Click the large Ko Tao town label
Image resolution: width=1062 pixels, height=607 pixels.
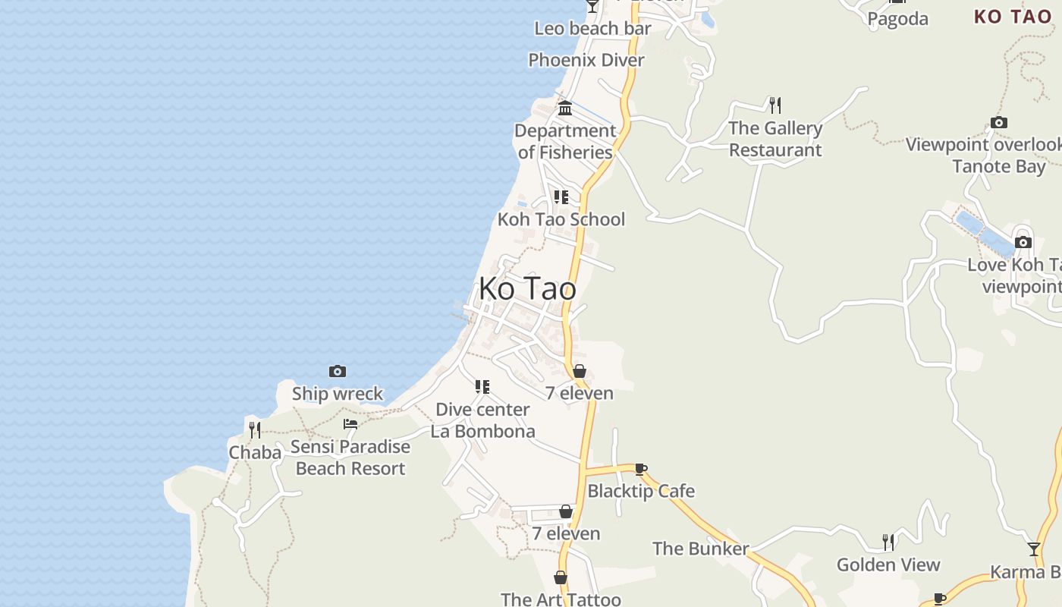(x=527, y=289)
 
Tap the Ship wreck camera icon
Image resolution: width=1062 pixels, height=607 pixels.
(x=338, y=371)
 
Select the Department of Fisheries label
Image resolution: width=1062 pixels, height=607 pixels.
(x=565, y=141)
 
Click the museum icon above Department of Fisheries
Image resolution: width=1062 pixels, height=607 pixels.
(x=565, y=109)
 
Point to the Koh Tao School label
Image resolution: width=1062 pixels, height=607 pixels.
(x=561, y=219)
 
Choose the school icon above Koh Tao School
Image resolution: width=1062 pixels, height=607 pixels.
(x=561, y=197)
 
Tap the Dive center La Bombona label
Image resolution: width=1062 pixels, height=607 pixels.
(x=482, y=420)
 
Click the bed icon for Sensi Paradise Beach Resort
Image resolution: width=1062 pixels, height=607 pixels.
(x=350, y=424)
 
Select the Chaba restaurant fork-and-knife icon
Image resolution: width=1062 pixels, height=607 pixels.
(x=255, y=430)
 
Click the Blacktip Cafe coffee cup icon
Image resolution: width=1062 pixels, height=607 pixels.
(x=641, y=469)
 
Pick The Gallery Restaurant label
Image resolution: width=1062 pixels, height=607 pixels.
(x=775, y=139)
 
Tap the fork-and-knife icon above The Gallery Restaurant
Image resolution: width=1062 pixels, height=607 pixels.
(x=775, y=105)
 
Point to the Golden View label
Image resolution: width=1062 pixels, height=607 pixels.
(x=888, y=565)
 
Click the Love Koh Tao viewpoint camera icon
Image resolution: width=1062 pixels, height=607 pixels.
(x=1023, y=242)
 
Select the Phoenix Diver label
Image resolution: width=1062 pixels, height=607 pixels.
(x=586, y=60)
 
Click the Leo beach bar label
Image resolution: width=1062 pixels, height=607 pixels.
(x=592, y=29)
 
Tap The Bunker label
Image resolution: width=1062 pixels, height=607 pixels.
(x=700, y=548)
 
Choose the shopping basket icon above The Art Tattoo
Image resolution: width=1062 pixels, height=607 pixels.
(x=561, y=577)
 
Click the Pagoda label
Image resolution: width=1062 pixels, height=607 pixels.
(x=898, y=19)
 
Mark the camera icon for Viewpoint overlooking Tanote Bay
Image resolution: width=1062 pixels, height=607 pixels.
(x=999, y=122)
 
